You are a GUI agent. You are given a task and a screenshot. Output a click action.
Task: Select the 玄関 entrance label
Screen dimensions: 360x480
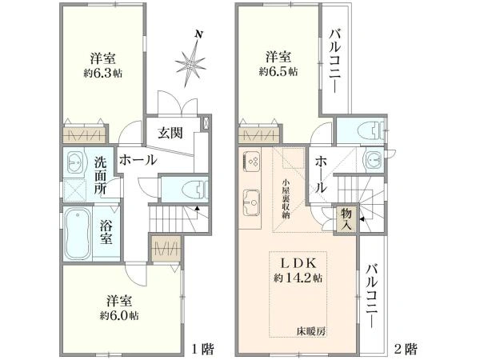point(169,133)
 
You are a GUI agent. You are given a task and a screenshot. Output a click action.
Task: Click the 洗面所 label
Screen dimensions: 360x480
point(101,175)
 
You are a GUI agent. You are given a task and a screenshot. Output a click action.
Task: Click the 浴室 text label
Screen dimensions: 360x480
point(110,231)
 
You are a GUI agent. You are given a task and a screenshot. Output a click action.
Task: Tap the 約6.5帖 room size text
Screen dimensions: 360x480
point(278,71)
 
